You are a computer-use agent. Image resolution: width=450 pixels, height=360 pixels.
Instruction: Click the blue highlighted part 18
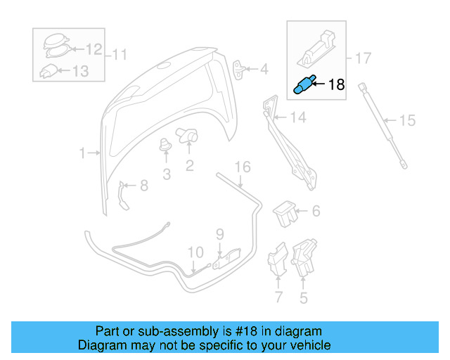click(302, 86)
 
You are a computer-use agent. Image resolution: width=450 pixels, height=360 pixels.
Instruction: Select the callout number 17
click(362, 58)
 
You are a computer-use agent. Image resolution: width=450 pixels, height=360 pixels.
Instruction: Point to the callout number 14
click(298, 118)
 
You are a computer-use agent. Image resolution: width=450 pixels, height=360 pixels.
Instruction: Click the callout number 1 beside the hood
click(82, 153)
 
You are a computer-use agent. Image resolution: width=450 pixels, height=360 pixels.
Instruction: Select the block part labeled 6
click(283, 212)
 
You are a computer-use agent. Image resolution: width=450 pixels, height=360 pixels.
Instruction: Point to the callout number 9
click(219, 233)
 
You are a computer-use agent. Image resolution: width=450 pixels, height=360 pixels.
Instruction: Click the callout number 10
click(195, 251)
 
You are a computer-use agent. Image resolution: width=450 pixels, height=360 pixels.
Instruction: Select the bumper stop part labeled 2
click(188, 135)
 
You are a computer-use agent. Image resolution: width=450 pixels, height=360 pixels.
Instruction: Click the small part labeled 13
click(48, 70)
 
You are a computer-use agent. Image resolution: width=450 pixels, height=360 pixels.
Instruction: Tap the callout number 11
click(120, 54)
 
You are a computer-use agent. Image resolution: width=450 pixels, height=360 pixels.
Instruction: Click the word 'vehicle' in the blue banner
click(305, 345)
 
